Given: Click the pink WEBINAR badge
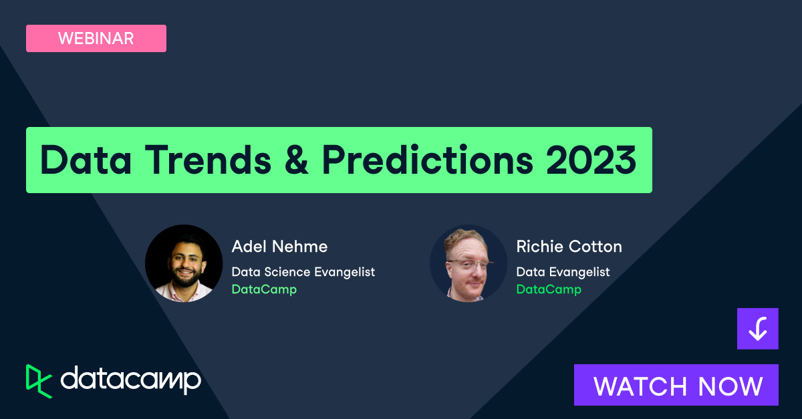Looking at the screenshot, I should pos(96,39).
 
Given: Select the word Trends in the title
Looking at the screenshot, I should pos(221,160).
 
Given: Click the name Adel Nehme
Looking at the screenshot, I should pos(279,247).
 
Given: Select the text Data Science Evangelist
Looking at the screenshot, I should pos(303,272).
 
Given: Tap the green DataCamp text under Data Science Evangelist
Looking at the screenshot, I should pos(264,289).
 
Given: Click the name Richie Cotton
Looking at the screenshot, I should pos(569,247).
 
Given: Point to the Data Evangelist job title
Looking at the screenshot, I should pos(563,272).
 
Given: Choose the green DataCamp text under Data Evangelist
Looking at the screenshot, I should pos(549,289).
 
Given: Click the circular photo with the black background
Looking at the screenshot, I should pos(184,263).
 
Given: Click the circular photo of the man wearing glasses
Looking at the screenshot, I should pos(469,263).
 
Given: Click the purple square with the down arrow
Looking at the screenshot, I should pos(757,329).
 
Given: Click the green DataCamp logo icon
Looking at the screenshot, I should pos(39,382).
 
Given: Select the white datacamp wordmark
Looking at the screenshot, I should pos(130,381).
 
